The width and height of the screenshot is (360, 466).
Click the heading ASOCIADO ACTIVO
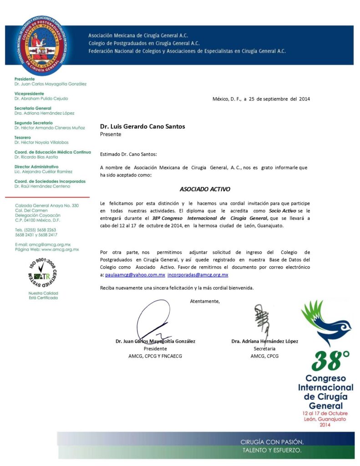[205, 188]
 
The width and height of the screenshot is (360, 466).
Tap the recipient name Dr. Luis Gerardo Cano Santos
[142, 127]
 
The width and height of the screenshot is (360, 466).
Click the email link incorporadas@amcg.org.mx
[198, 275]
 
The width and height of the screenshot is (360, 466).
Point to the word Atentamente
[205, 301]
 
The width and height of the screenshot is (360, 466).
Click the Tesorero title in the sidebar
[23, 137]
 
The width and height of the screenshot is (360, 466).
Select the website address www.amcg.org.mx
[60, 249]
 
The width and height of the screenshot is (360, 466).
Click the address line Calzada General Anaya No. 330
[47, 206]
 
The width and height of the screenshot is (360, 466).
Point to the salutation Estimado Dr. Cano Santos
[128, 155]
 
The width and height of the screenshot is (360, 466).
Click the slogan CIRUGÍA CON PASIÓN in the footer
[272, 442]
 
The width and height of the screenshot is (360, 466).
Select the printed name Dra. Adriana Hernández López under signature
[264, 341]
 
